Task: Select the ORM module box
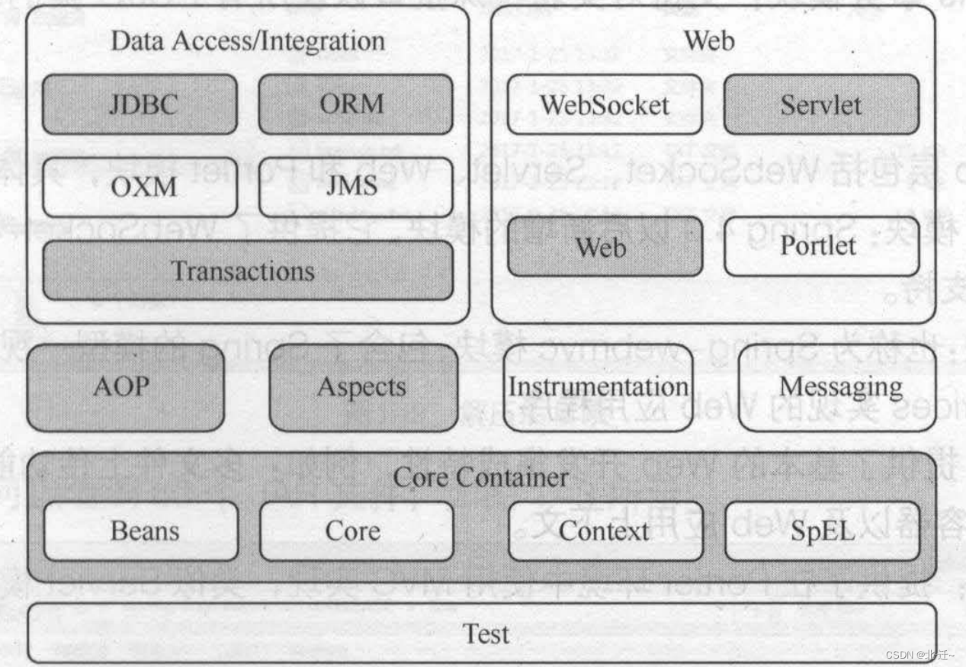click(355, 104)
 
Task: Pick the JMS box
click(355, 187)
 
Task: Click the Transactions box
click(247, 271)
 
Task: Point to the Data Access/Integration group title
click(248, 41)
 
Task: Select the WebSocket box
click(604, 104)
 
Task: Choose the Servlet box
click(820, 104)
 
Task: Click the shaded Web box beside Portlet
click(604, 246)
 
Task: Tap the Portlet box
click(820, 246)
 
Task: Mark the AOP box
click(126, 387)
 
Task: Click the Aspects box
click(363, 387)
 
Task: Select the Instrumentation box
click(599, 387)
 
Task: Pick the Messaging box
click(840, 387)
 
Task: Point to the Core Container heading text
click(480, 478)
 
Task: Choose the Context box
click(604, 531)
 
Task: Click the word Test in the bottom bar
click(486, 633)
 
